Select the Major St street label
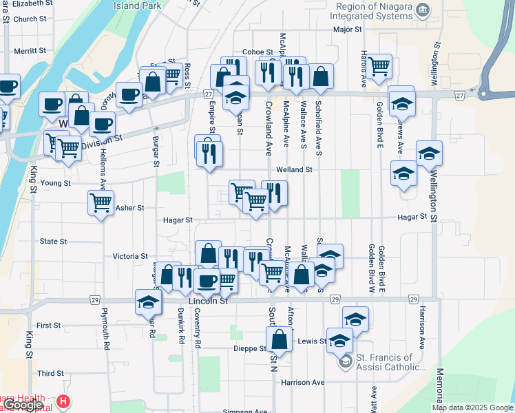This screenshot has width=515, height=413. pos(347,30)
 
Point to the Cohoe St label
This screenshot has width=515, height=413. pos(257,52)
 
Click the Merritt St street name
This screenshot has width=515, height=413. pos(30,51)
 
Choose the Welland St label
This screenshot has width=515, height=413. pos(294,169)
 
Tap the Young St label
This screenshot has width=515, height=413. pos(56,184)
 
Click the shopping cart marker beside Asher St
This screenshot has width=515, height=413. pos(101,203)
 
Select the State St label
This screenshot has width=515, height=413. pos(53,242)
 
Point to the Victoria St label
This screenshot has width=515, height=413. pos(130,256)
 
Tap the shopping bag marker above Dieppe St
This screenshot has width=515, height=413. pos(279,339)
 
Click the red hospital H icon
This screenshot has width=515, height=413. pos(63,401)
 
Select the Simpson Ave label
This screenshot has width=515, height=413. pos(244,411)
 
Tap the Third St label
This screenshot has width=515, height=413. pos(50,373)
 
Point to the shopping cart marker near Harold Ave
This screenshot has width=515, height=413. pos(379,66)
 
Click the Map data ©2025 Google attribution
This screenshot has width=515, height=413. pos(472,407)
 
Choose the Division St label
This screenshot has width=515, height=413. pos(102,138)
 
